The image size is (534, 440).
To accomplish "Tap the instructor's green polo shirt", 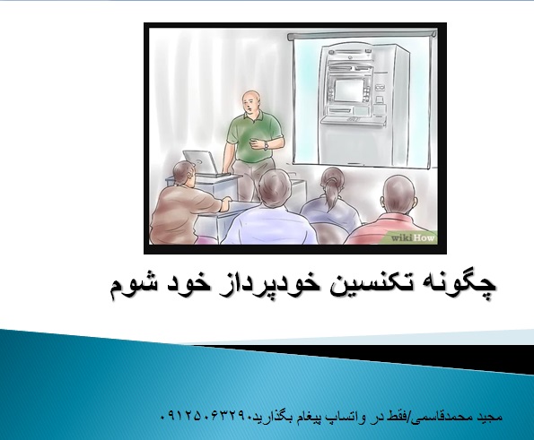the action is click(252, 136).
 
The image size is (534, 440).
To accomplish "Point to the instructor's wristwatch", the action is click(266, 145).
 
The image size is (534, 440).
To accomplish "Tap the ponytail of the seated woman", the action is click(332, 194).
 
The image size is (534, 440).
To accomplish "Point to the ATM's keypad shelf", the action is click(355, 120).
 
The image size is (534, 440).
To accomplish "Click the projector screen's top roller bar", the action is click(362, 36).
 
